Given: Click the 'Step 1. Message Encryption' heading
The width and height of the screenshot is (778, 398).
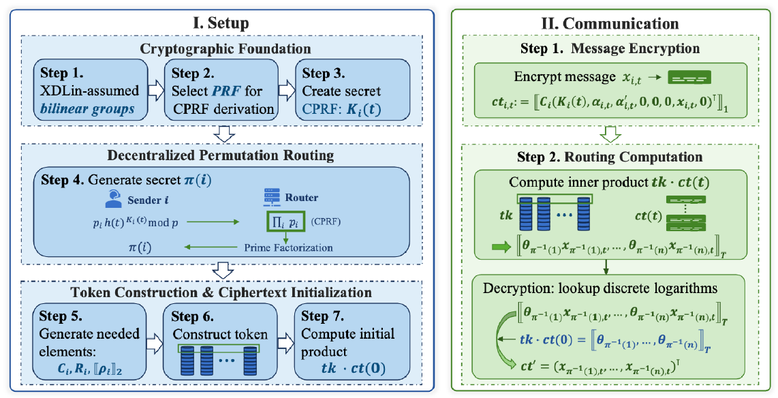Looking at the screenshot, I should click(x=611, y=49).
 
